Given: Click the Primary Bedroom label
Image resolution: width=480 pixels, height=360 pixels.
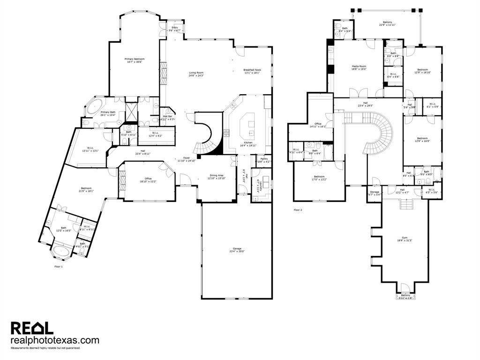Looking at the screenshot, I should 135,59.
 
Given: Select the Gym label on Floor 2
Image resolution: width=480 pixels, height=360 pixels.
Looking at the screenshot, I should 405,238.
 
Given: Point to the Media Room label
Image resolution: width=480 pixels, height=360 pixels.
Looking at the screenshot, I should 359,67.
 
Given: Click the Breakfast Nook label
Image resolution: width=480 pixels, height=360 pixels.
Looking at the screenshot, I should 252,70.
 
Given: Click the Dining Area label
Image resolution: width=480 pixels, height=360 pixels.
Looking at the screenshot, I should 216,175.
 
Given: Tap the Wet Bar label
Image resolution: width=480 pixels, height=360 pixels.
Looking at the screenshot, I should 167,116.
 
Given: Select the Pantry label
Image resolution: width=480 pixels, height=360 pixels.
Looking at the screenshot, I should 264,159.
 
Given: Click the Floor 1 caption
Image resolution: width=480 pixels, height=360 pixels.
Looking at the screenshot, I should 58,266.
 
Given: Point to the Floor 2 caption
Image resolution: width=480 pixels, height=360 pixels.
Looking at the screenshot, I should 298,210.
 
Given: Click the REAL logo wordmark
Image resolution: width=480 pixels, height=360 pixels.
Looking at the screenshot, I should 32,328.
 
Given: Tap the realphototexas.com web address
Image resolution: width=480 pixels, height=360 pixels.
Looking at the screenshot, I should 55,340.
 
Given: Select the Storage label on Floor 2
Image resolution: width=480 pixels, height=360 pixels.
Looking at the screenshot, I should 375,192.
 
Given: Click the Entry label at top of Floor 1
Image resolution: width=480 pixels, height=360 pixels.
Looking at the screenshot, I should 174,28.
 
